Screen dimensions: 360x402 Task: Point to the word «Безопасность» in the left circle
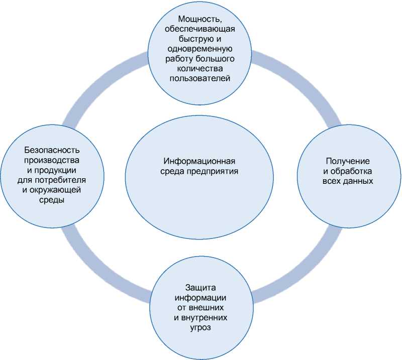tap(52, 150)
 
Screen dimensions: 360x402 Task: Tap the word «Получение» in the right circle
tap(348, 161)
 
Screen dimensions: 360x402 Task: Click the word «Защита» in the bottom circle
tap(200, 287)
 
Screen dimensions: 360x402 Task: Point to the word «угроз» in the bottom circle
tap(200, 327)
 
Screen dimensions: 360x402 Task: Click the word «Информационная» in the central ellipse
tap(199, 162)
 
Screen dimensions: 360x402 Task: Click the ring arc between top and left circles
tap(100, 83)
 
